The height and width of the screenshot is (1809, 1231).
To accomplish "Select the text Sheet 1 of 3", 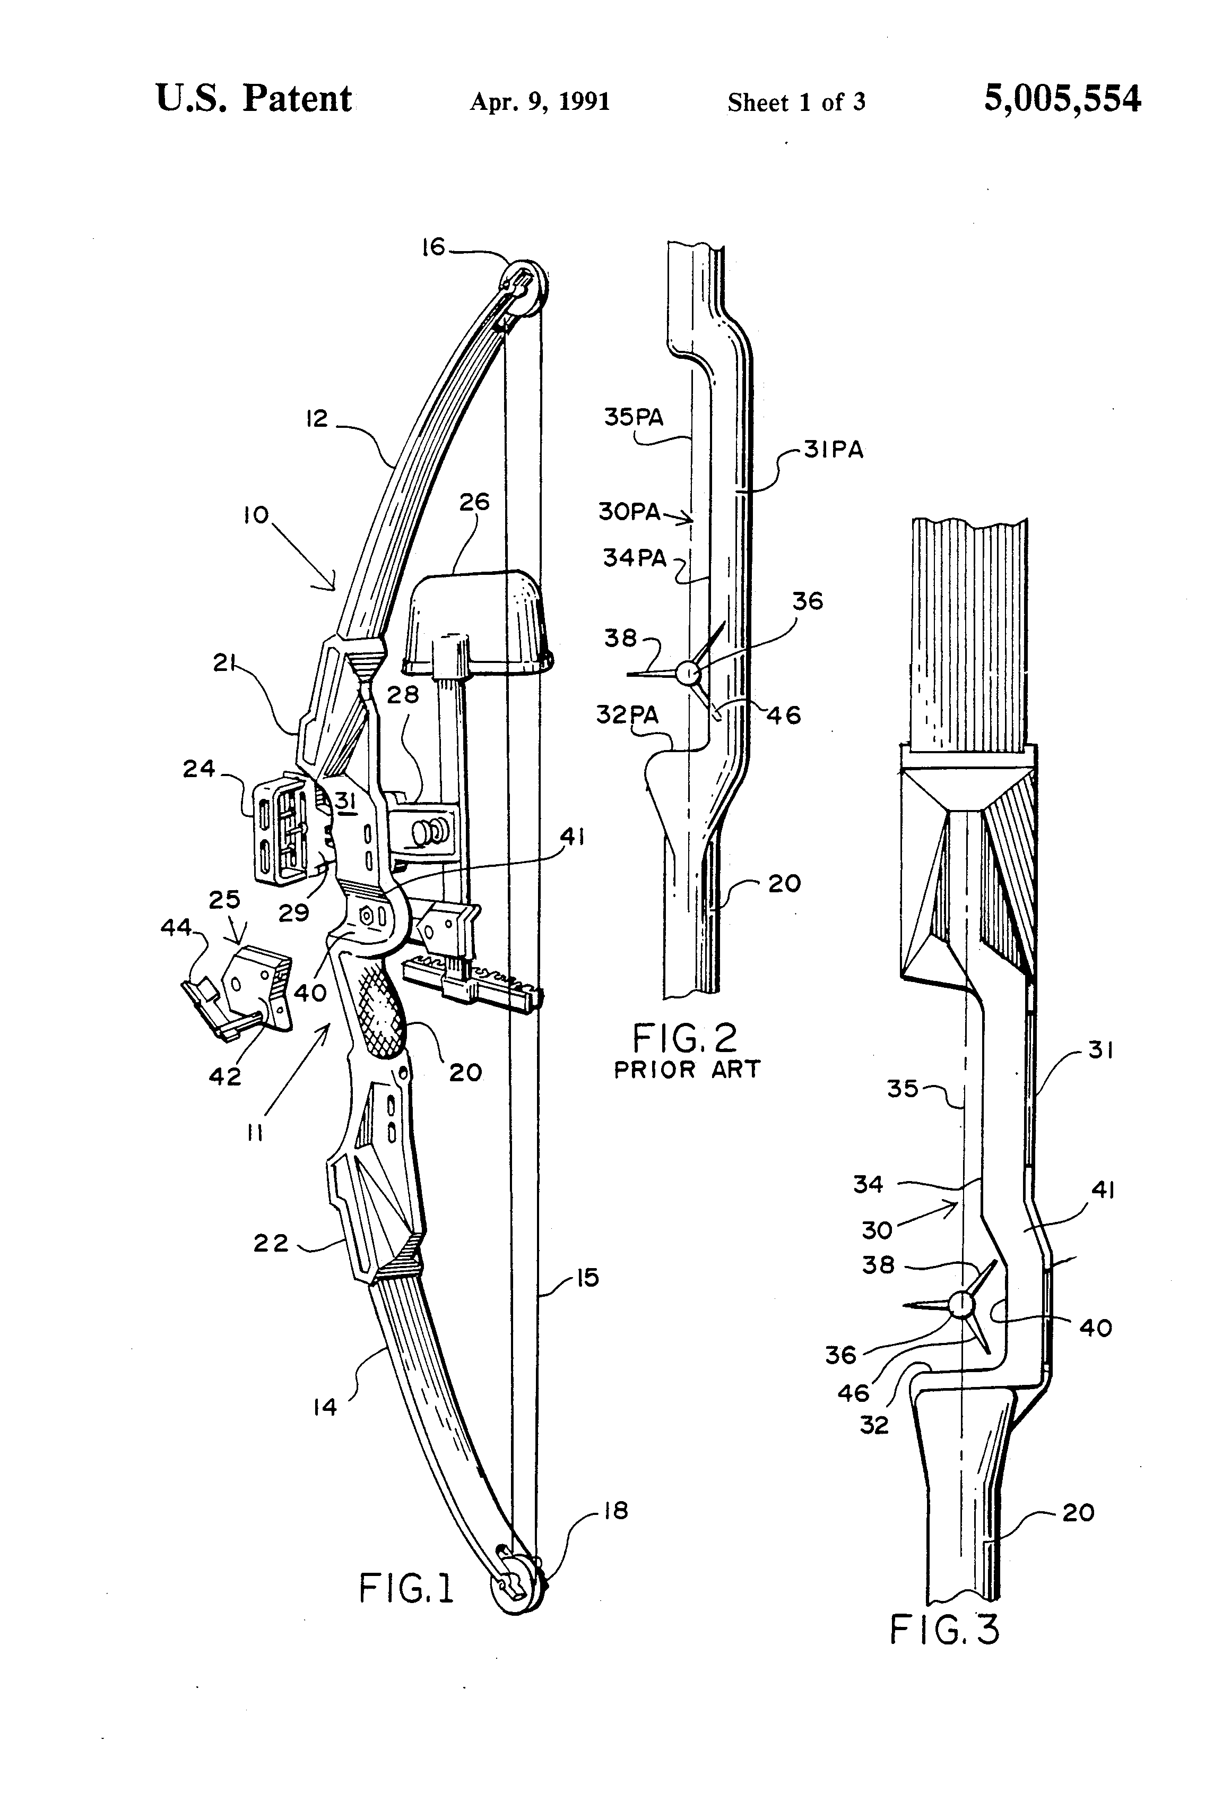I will coord(796,102).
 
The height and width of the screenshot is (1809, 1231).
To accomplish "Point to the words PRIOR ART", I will coord(686,1070).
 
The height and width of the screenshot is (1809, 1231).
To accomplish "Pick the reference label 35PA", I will coord(634,418).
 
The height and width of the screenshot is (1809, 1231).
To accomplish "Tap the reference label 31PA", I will coord(834,451).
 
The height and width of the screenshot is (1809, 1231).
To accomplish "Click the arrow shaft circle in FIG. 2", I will coord(687,673).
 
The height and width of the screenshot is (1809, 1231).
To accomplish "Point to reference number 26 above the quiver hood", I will coord(474,502).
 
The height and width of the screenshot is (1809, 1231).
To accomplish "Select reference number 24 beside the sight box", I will coord(198,769).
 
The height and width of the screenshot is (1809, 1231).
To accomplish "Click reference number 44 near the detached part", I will coord(176,927).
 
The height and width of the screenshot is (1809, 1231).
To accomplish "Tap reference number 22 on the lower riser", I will coord(271,1243).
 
